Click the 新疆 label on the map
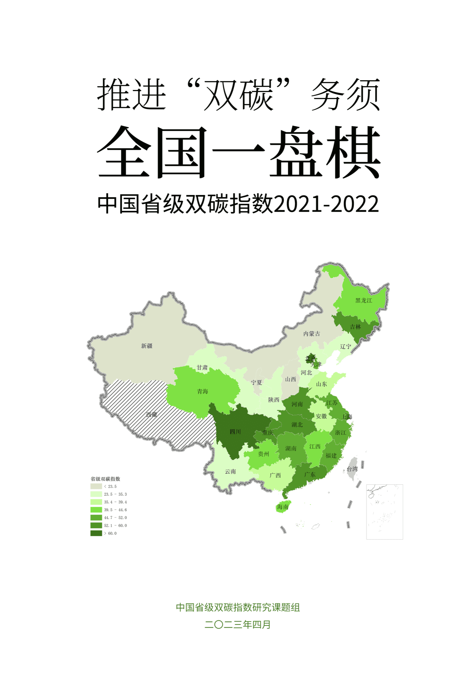point(147,346)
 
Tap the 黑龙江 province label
point(363,300)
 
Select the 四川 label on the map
point(235,432)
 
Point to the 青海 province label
point(203,391)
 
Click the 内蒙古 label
point(312,334)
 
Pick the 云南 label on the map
point(230,471)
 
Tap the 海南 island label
point(282,507)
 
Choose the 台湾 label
point(352,469)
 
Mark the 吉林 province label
point(355,327)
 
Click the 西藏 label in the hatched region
point(152,414)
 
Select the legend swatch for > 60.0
point(96,533)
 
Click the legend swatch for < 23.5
point(96,486)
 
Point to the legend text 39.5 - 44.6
point(115,510)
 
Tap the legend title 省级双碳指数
point(105,479)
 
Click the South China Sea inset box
point(384,512)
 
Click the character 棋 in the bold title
point(353,152)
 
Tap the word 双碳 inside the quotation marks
point(239,94)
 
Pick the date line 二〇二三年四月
point(238,624)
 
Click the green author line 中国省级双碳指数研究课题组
point(238,607)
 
